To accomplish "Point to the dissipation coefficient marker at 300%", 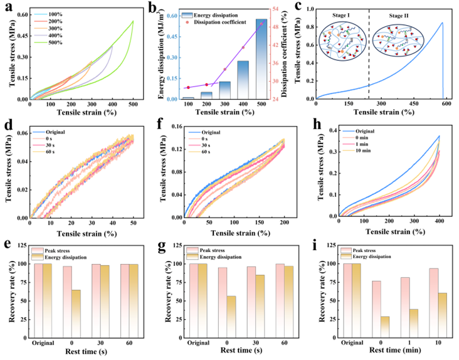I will click(x=225, y=69).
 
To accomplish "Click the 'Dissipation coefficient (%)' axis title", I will click(x=299, y=54).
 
